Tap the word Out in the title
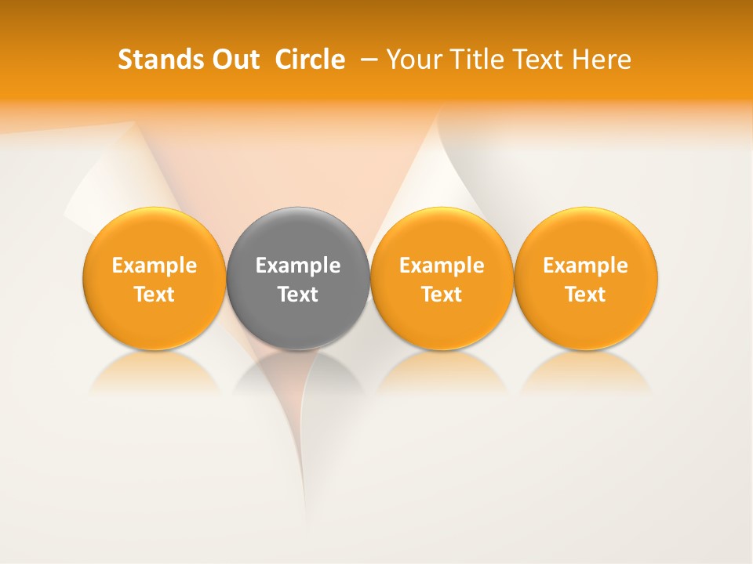pyautogui.click(x=234, y=60)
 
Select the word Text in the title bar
pyautogui.click(x=540, y=60)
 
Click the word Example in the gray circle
pyautogui.click(x=298, y=266)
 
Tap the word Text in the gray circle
pyautogui.click(x=298, y=295)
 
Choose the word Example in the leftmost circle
pyautogui.click(x=155, y=266)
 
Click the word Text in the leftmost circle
pyautogui.click(x=155, y=295)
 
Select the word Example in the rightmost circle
pyautogui.click(x=586, y=266)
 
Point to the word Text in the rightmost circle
pyautogui.click(x=586, y=295)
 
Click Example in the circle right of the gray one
pyautogui.click(x=442, y=266)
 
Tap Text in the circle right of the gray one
pyautogui.click(x=442, y=295)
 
